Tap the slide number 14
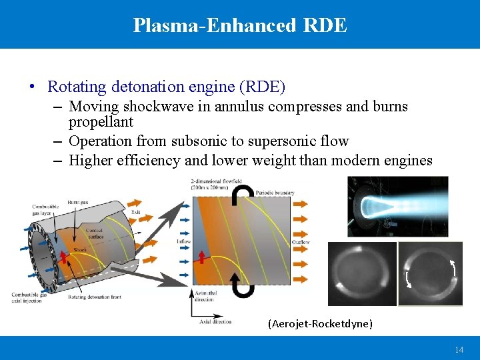coord(459,350)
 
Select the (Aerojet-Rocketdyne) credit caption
coord(320,324)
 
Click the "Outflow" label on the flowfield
coord(301,242)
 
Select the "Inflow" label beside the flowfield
coord(185,241)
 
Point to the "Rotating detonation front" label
coord(94,297)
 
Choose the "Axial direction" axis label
coord(215,321)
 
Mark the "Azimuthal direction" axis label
coord(204,296)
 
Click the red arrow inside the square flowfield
coord(202,257)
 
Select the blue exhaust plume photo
coord(397,206)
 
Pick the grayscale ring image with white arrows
coord(430,274)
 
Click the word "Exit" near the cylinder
coord(136,212)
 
